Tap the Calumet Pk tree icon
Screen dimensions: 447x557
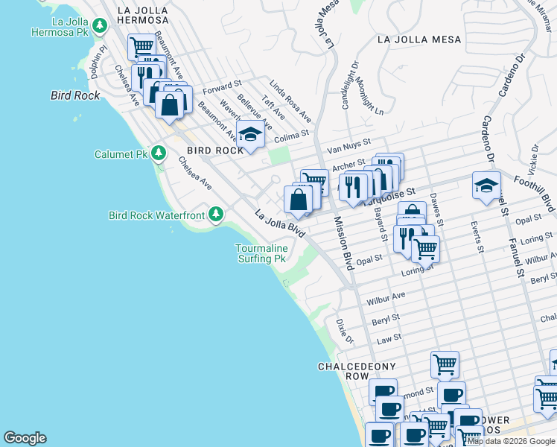(x=158, y=153)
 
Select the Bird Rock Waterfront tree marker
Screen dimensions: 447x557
(x=216, y=215)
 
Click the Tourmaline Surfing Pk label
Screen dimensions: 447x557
(x=261, y=253)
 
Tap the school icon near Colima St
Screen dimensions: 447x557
(x=251, y=135)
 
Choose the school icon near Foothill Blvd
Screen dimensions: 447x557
(x=486, y=186)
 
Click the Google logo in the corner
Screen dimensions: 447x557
(x=25, y=438)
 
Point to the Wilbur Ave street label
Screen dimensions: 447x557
(x=386, y=299)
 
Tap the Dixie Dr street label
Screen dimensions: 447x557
(x=344, y=332)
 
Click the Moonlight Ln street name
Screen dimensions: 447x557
(x=368, y=95)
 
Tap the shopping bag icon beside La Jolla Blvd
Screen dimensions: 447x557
(x=298, y=199)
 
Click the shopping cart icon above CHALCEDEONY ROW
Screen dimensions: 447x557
(x=445, y=364)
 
